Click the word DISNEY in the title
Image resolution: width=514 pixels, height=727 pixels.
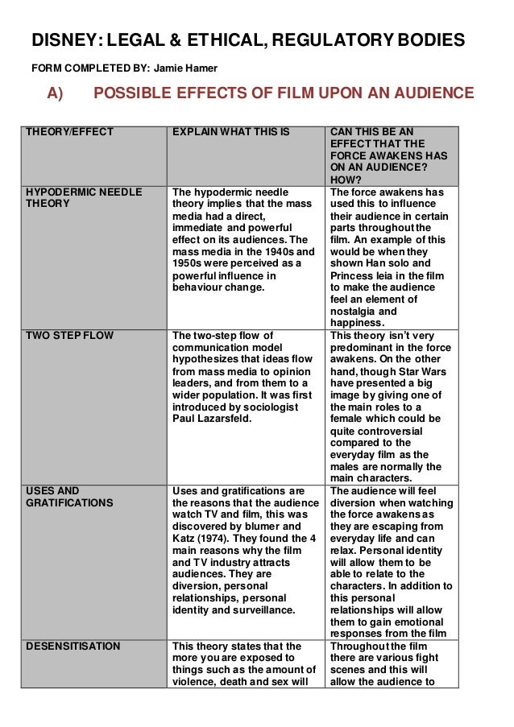click(64, 39)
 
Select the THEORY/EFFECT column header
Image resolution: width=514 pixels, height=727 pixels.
click(70, 131)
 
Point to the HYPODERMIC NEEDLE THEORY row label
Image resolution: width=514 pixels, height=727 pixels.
click(84, 198)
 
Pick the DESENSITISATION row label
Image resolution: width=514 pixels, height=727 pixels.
click(73, 646)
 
